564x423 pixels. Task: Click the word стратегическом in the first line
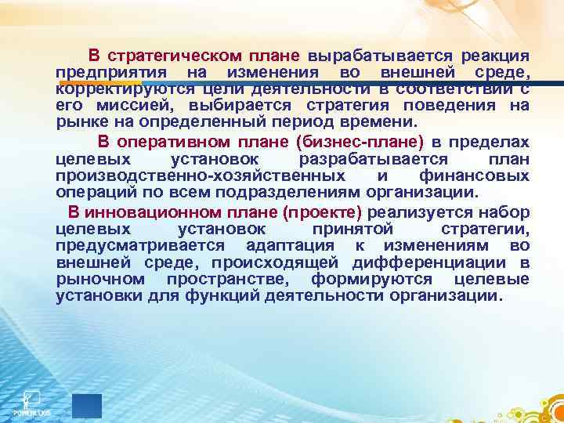161,56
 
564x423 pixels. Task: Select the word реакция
495,56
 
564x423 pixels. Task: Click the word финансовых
478,175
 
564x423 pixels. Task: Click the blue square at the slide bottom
86,406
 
